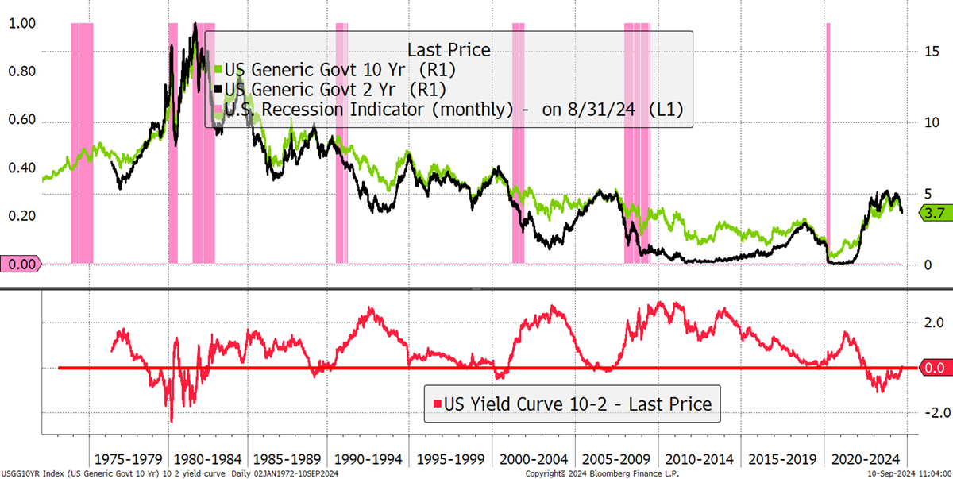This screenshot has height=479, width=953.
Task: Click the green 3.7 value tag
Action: tap(936, 213)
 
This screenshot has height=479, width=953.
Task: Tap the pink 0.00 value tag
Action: tap(21, 265)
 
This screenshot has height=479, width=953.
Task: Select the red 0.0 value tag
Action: tap(936, 368)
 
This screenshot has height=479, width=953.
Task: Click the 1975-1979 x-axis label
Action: tap(128, 459)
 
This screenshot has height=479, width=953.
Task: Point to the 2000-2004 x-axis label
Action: tap(534, 459)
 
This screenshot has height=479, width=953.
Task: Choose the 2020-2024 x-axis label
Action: tap(866, 459)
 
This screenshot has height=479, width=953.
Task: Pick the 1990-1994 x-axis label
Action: tap(368, 459)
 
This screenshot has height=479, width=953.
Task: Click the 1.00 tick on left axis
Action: tap(22, 23)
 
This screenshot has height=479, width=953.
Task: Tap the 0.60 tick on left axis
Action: tap(22, 119)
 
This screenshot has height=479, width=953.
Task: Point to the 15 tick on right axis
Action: tap(932, 52)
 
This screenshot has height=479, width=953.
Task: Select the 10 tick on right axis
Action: tap(932, 122)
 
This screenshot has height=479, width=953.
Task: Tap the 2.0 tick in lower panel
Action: tap(934, 323)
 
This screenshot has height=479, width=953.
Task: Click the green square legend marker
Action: tap(218, 69)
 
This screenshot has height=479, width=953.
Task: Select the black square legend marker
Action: tap(218, 89)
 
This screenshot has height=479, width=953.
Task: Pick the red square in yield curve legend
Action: tap(437, 404)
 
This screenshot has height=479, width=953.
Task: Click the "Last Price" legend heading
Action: tap(449, 50)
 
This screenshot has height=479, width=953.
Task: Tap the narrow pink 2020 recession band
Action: tap(828, 143)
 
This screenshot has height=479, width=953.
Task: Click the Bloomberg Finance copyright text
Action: tap(602, 473)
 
